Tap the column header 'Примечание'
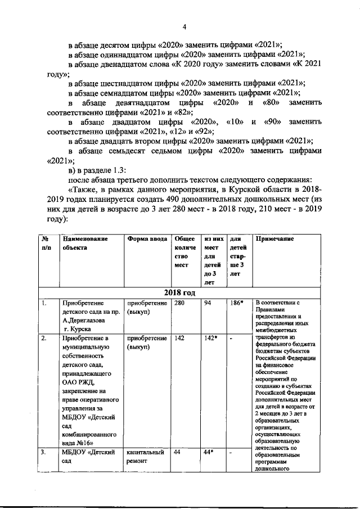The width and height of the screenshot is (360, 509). coord(275,238)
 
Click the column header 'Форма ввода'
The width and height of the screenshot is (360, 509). coord(147,238)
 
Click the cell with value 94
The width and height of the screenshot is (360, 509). coord(209,304)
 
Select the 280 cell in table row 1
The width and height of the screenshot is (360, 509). coord(179,304)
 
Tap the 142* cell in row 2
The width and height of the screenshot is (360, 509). coord(212,339)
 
